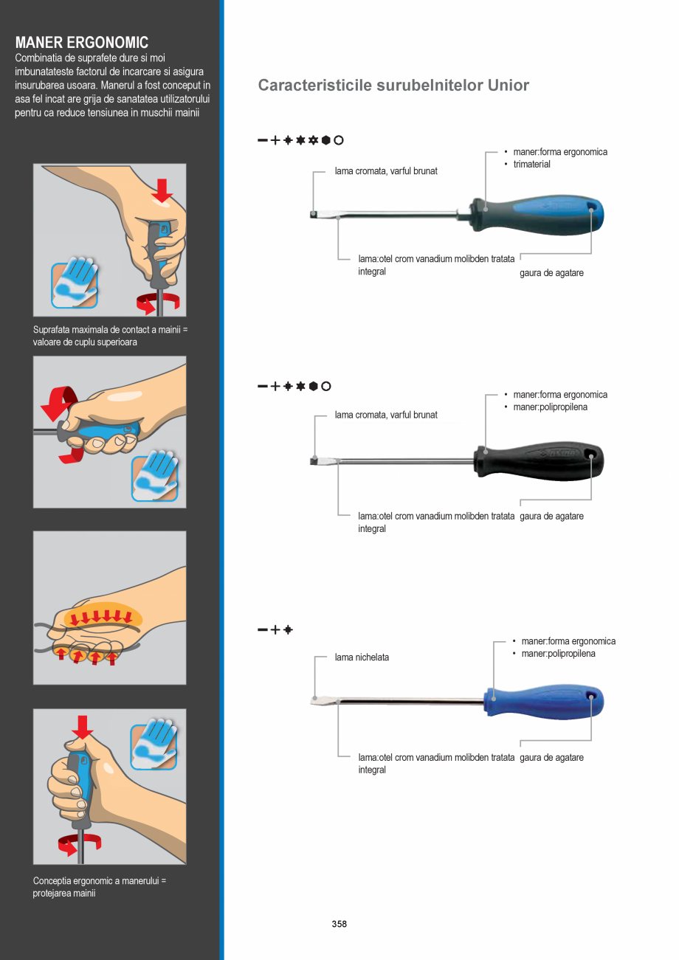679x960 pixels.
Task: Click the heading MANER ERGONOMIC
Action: [x=82, y=42]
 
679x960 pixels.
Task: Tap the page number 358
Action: [x=339, y=924]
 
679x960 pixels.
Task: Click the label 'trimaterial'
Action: [x=531, y=164]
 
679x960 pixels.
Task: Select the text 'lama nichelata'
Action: [x=362, y=657]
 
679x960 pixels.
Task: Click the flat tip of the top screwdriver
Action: [x=314, y=214]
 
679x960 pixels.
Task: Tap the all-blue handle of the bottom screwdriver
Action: [x=543, y=702]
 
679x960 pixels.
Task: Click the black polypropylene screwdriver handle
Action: [x=539, y=461]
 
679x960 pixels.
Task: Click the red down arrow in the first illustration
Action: [x=162, y=190]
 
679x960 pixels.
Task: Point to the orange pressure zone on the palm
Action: [x=103, y=615]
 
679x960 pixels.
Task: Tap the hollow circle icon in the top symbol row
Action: [x=339, y=140]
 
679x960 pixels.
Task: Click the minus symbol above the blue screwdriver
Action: [x=262, y=629]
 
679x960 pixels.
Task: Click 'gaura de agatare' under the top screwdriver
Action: [x=551, y=273]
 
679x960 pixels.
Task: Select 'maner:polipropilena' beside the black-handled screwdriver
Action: [x=551, y=407]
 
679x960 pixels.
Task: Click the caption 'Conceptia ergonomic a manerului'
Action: [x=99, y=880]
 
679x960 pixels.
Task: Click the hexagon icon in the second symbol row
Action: [x=314, y=386]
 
